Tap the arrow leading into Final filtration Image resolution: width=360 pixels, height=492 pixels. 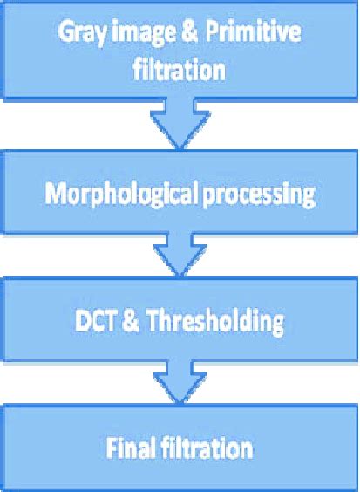pos(179,384)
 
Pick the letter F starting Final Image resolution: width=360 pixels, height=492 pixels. pos(110,449)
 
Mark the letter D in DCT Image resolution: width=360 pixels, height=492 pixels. pos(81,323)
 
